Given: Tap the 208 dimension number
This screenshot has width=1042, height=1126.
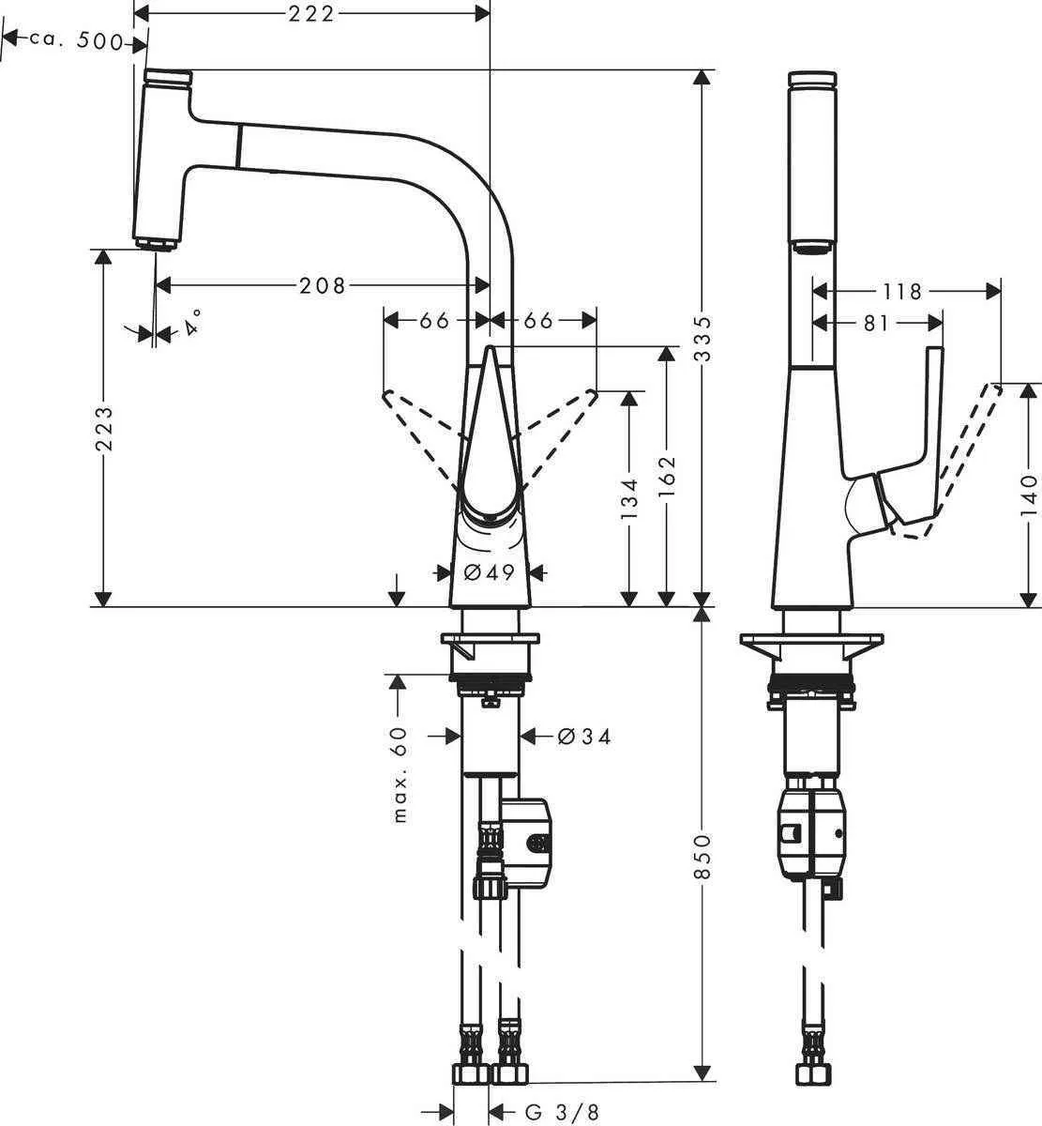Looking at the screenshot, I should click(x=323, y=285).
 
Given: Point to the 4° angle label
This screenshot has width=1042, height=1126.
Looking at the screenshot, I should click(x=193, y=324).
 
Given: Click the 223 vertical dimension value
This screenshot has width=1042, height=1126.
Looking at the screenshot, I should click(x=105, y=428).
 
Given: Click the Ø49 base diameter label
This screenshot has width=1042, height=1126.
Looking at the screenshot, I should click(x=491, y=571).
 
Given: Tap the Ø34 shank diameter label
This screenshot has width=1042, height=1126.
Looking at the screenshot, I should click(x=583, y=738).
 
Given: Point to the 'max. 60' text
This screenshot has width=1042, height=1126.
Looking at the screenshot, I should click(x=400, y=775).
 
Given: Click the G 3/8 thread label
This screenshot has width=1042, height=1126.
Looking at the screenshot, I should click(x=561, y=1112).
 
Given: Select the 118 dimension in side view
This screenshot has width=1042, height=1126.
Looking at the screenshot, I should click(x=902, y=292).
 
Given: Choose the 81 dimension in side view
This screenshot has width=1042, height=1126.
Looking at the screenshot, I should click(x=874, y=323).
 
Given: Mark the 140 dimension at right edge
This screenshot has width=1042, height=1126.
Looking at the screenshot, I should click(x=1030, y=495).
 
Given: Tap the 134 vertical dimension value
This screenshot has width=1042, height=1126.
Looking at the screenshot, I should click(x=629, y=498).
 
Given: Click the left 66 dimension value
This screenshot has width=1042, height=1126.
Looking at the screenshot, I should click(x=433, y=321).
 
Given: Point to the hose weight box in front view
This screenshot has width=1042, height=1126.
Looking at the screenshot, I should click(x=530, y=843).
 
